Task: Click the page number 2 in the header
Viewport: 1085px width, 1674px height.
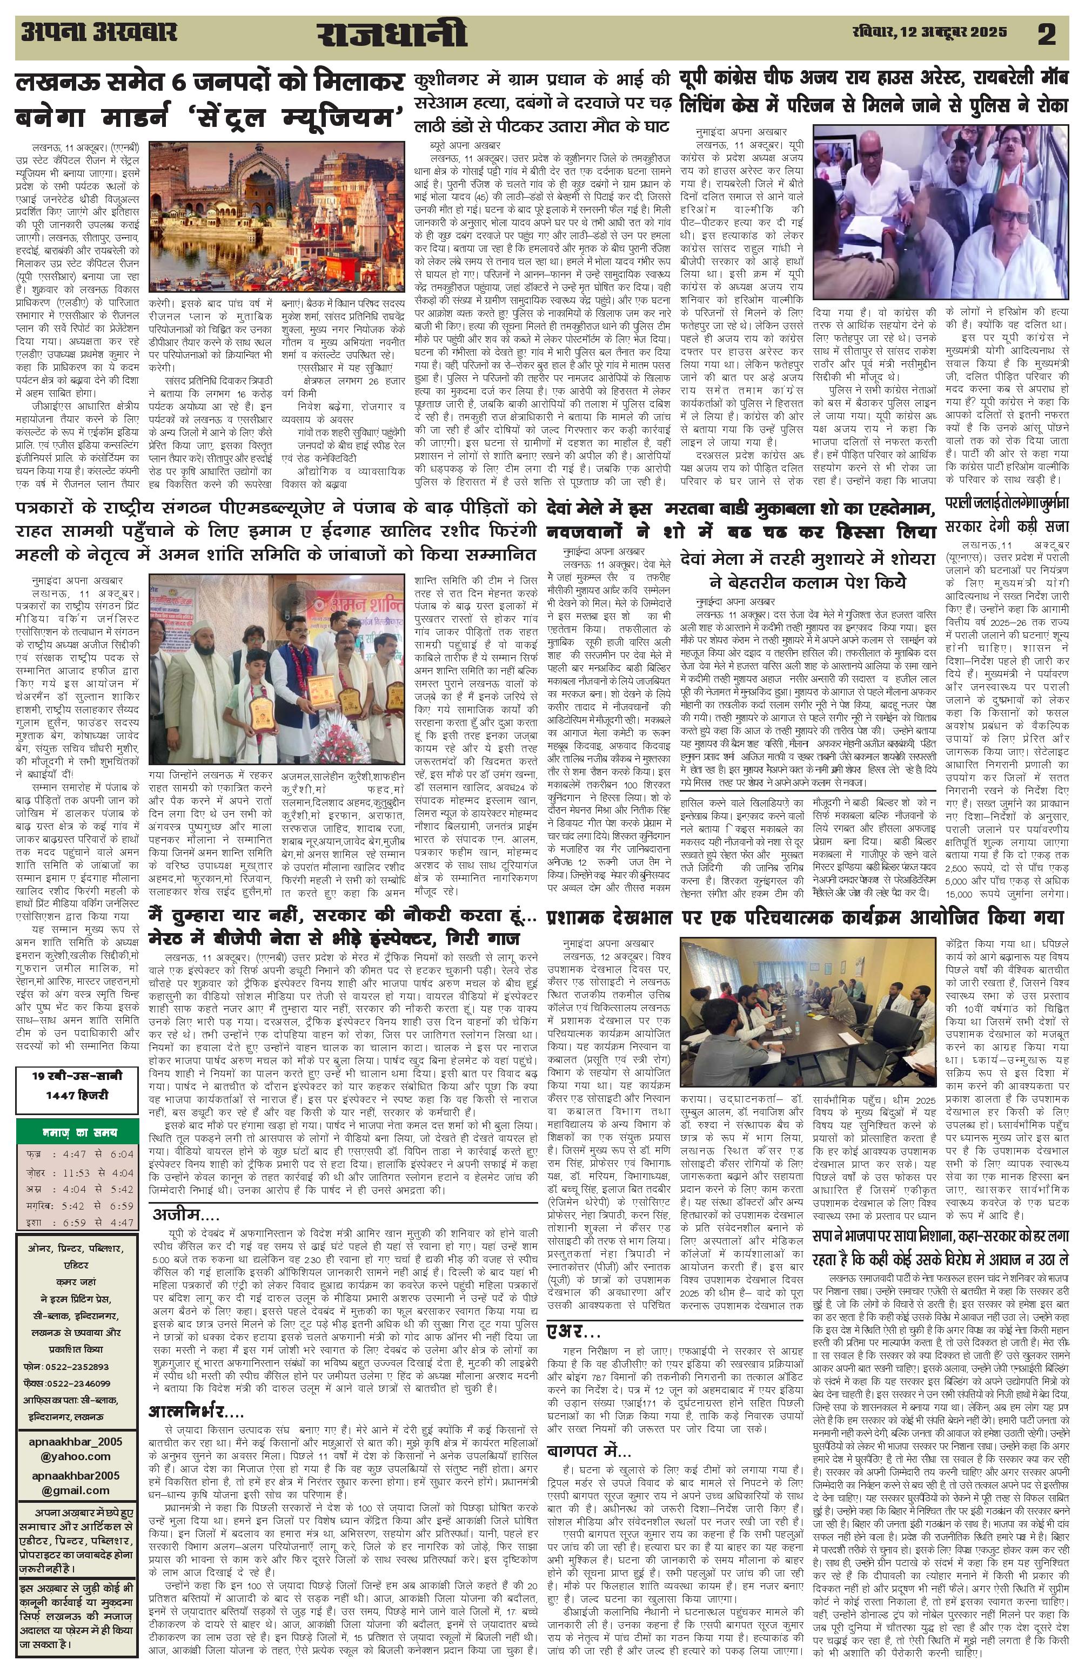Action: (1046, 34)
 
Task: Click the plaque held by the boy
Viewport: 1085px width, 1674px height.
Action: (263, 714)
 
